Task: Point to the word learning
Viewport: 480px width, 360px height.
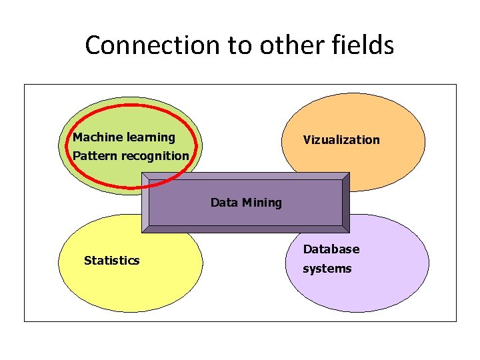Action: click(x=151, y=137)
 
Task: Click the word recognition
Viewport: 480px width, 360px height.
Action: click(x=154, y=156)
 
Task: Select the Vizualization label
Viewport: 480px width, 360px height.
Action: click(x=341, y=140)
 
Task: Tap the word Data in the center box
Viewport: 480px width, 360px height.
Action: click(x=224, y=203)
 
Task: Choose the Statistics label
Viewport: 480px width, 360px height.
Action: click(x=111, y=261)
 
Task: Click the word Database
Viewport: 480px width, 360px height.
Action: click(x=331, y=249)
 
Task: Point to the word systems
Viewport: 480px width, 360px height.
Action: click(x=327, y=269)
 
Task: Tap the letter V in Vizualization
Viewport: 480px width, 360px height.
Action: click(x=307, y=140)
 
